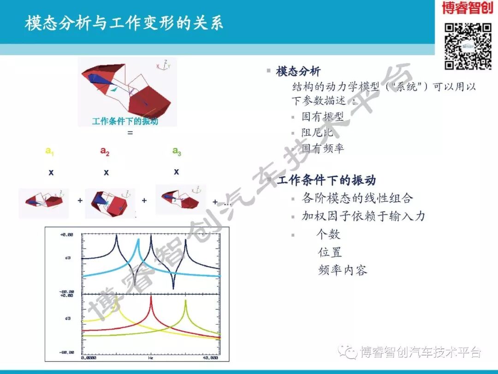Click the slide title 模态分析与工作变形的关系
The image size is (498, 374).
pyautogui.click(x=124, y=24)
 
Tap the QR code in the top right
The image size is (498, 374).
pyautogui.click(x=468, y=46)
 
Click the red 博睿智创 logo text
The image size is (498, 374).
pyautogui.click(x=467, y=8)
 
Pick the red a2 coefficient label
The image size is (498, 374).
pyautogui.click(x=105, y=151)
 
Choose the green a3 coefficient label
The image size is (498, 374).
pyautogui.click(x=177, y=151)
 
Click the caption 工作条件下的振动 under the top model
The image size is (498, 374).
pyautogui.click(x=125, y=121)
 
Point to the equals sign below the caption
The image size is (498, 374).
pyautogui.click(x=130, y=133)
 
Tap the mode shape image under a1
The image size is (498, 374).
pyautogui.click(x=44, y=202)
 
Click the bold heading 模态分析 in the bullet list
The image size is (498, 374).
pyautogui.click(x=298, y=71)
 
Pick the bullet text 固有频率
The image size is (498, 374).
pyautogui.click(x=323, y=148)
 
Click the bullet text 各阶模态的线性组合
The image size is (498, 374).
pyautogui.click(x=357, y=198)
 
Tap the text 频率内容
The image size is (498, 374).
pyautogui.click(x=343, y=270)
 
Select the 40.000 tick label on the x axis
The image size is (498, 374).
pyautogui.click(x=210, y=358)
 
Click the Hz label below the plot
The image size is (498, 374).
pyautogui.click(x=151, y=358)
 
